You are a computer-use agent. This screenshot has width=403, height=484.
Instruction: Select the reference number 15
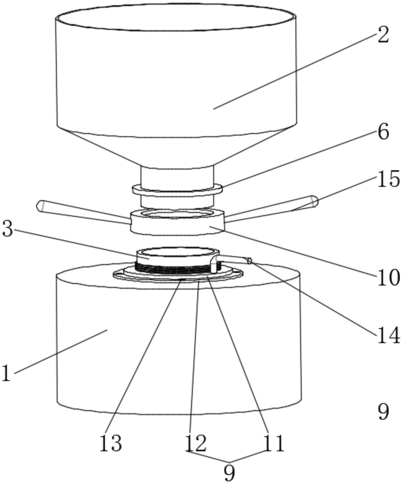(x=389, y=179)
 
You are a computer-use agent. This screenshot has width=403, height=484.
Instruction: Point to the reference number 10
(x=389, y=277)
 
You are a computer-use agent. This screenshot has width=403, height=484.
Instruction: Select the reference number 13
(x=111, y=443)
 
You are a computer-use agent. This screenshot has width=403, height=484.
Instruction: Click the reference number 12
(x=195, y=443)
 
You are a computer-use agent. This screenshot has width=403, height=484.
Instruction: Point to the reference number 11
(x=274, y=443)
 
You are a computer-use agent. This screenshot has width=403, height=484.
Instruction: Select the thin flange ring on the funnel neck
(x=177, y=190)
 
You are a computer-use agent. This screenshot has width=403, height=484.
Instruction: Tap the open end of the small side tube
(x=250, y=261)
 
